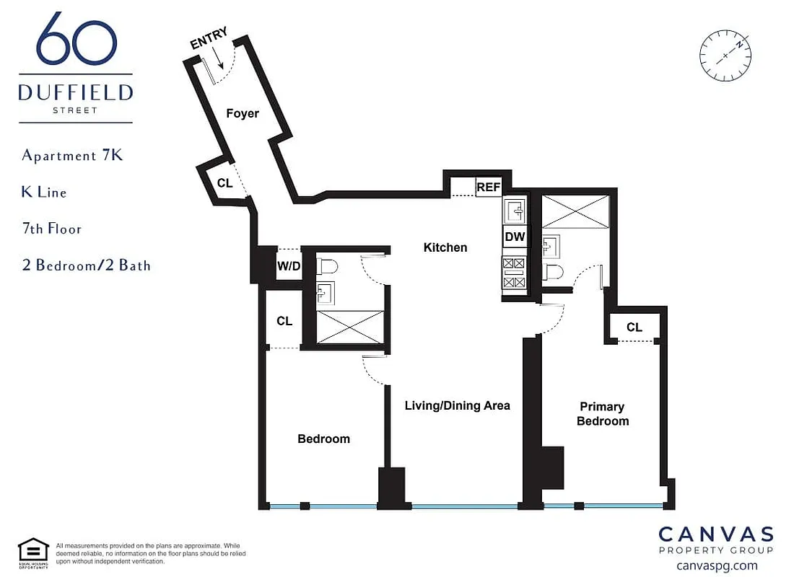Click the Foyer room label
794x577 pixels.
point(243,113)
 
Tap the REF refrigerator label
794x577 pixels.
point(488,187)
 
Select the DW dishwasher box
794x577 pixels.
point(515,237)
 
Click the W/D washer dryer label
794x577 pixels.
point(288,266)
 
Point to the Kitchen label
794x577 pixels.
point(445,247)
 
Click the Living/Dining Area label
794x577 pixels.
point(457,405)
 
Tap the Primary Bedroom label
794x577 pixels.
point(603,414)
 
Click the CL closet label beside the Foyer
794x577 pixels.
point(225,183)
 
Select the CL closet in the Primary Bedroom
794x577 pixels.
point(634,327)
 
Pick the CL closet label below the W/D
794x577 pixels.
point(284,320)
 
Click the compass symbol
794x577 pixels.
point(725,54)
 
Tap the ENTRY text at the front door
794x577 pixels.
point(209,38)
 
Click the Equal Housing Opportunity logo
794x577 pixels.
point(33,552)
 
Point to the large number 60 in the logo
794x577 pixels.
point(76,42)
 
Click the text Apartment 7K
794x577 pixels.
point(73,156)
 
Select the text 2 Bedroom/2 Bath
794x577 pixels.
point(87,265)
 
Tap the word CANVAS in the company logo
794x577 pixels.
point(715,534)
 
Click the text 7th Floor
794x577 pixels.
point(52,229)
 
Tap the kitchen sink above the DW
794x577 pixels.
point(516,210)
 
